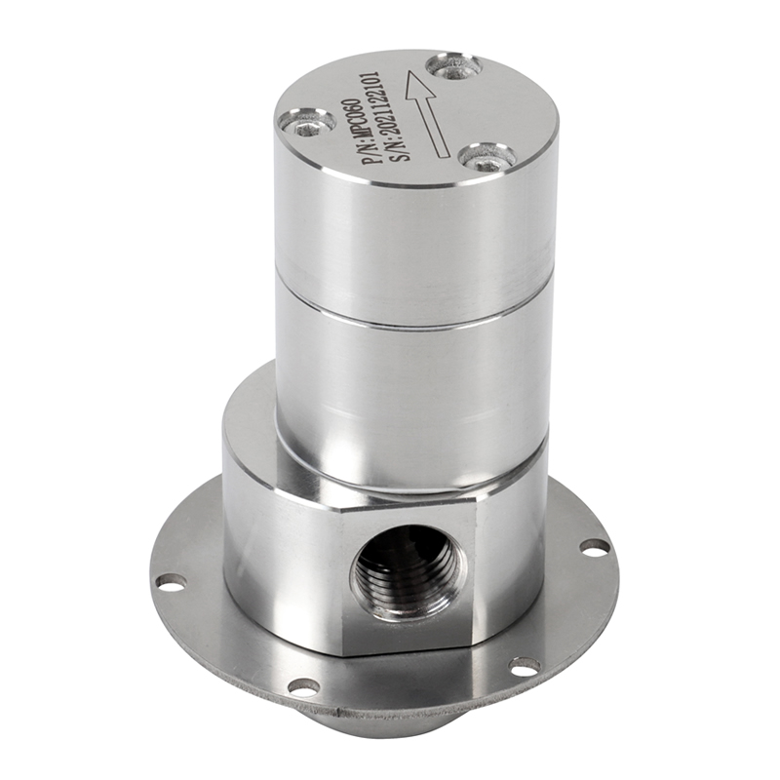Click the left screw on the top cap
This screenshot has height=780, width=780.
click(x=306, y=124)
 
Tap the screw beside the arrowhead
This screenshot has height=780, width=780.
click(x=454, y=68)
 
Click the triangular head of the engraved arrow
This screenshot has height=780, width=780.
click(x=417, y=87)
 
